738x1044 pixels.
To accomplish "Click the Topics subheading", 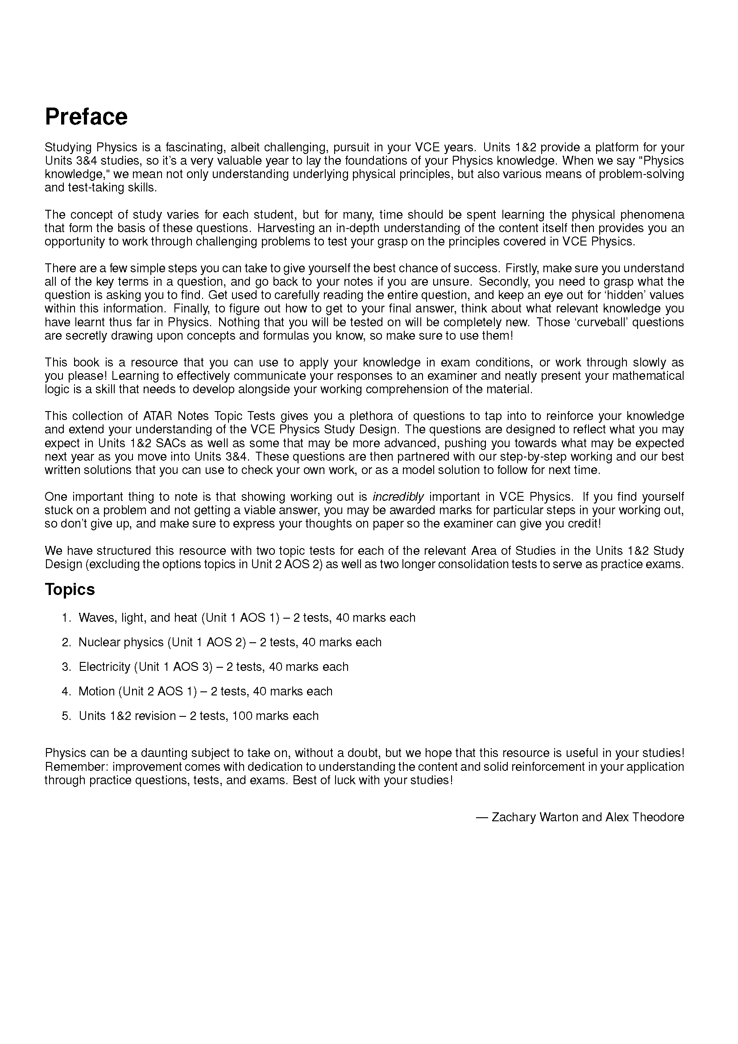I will click(x=70, y=589).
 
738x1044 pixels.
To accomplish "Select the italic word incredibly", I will click(x=398, y=496).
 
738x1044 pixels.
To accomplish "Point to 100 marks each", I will click(x=275, y=716).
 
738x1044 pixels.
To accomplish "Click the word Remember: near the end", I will click(x=76, y=767).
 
